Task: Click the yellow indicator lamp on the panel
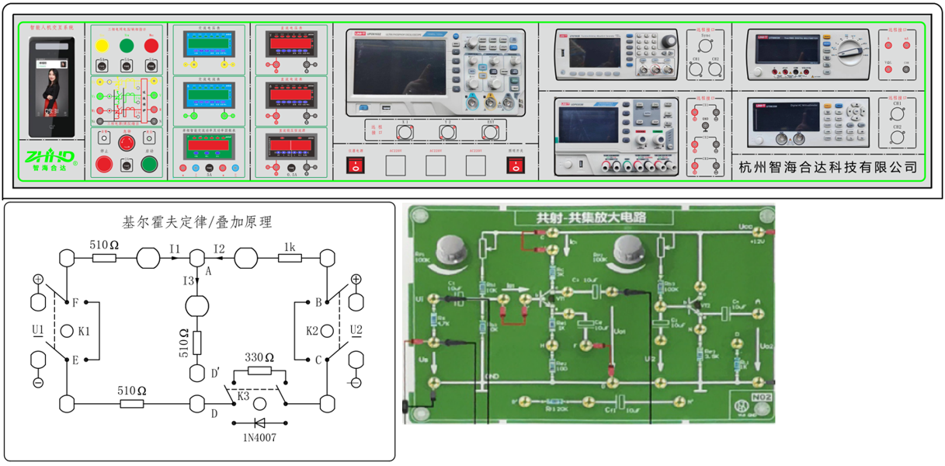click(101, 46)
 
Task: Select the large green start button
click(150, 164)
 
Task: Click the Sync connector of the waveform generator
click(704, 46)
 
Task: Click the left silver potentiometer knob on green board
click(451, 249)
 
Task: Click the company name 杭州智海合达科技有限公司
click(828, 166)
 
